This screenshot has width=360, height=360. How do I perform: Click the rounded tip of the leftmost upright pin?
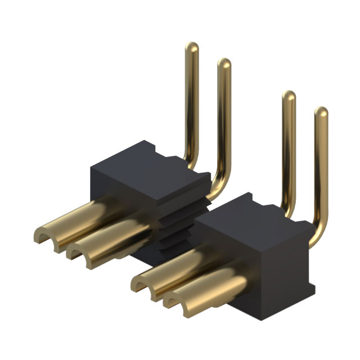pos(192,46)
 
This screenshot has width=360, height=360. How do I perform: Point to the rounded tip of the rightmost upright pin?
pos(321,111)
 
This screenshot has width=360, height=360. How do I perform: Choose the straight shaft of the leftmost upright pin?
pos(192,101)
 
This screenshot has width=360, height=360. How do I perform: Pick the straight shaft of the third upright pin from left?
pos(289,152)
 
